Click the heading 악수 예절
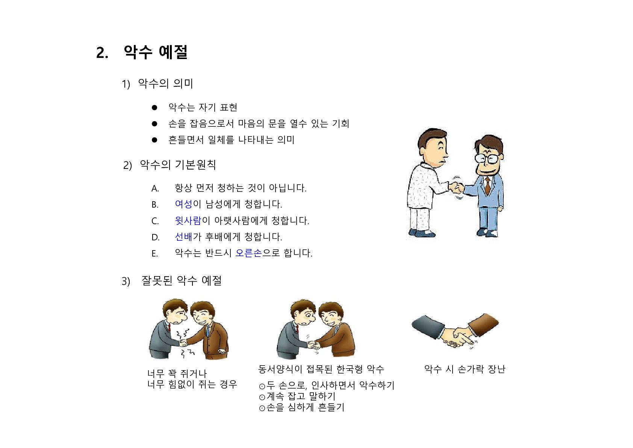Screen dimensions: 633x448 click(156, 52)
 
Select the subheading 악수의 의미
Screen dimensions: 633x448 click(165, 84)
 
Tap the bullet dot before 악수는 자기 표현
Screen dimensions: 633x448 click(154, 108)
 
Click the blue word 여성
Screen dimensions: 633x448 click(184, 204)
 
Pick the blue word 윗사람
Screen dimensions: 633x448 click(188, 220)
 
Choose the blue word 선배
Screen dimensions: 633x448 click(184, 237)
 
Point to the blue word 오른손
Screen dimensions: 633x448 click(249, 252)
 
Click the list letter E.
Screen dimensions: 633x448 click(154, 254)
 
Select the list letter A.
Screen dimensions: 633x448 click(155, 188)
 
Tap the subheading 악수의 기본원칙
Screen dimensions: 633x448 click(178, 165)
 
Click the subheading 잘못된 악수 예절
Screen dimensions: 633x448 click(182, 281)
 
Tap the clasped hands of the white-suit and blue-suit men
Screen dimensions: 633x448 click(457, 188)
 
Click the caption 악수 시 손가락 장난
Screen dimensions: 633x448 click(465, 369)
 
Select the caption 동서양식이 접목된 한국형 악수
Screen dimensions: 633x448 click(321, 369)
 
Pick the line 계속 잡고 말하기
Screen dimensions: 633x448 click(297, 396)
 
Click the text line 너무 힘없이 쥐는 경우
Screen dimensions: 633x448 click(192, 384)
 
